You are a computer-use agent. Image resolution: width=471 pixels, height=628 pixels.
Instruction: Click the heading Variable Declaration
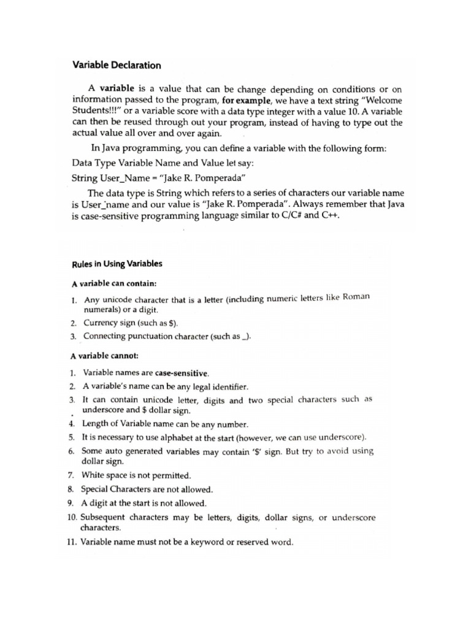tap(117, 65)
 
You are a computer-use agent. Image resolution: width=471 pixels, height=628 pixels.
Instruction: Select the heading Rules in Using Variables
tap(117, 264)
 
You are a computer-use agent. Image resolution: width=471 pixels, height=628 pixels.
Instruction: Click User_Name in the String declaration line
tap(126, 178)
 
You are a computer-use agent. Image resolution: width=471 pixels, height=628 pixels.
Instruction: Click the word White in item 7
tap(94, 475)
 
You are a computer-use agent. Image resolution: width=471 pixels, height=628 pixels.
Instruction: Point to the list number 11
tap(72, 542)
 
